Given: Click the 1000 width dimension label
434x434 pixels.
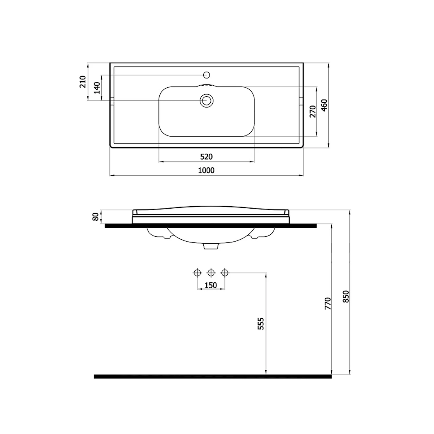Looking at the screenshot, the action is (x=206, y=170).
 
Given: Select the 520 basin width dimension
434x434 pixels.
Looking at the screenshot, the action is (x=206, y=157).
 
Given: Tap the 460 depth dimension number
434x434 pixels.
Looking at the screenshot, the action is (x=324, y=105).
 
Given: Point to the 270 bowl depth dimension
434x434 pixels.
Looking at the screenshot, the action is (x=313, y=111).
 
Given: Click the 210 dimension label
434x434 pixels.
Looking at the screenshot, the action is (x=83, y=82).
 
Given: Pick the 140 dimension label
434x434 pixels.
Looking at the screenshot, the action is (x=97, y=88).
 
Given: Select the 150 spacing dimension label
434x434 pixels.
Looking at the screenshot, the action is (x=211, y=285).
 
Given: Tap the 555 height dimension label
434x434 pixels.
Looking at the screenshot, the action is (x=261, y=324).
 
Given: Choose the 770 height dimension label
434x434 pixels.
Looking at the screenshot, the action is (x=328, y=304).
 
